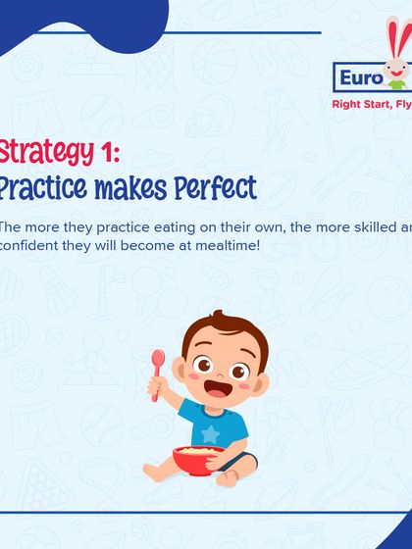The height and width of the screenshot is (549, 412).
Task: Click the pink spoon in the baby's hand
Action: click(x=158, y=368)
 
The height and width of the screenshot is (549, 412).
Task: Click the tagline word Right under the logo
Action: click(x=349, y=102)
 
